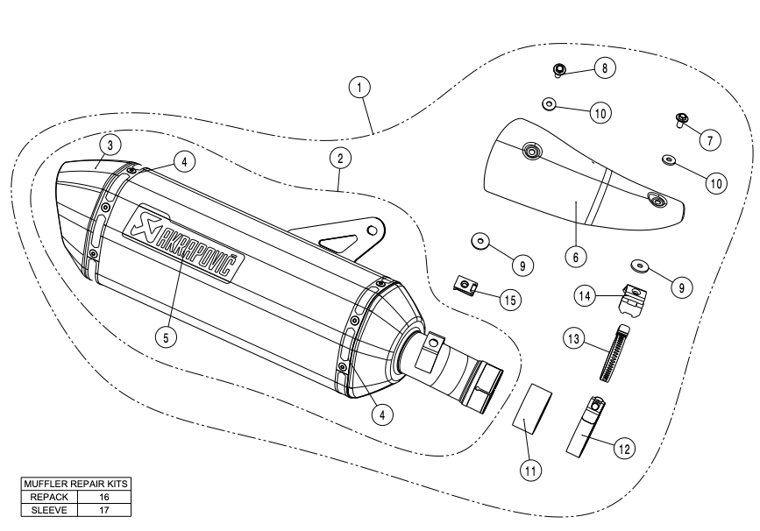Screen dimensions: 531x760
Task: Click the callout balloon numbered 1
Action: click(359, 87)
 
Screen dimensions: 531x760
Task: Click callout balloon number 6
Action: click(575, 257)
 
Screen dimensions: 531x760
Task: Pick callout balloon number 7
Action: click(709, 138)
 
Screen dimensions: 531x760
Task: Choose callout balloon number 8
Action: click(604, 66)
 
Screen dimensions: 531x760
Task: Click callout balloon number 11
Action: click(530, 470)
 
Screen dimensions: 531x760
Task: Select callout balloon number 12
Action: click(623, 449)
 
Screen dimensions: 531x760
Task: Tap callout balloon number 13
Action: click(573, 338)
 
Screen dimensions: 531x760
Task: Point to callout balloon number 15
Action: click(508, 299)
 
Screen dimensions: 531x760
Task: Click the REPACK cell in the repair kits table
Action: click(50, 495)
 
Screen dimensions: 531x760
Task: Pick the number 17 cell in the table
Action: click(104, 506)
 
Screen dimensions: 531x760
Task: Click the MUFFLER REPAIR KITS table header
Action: click(77, 484)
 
